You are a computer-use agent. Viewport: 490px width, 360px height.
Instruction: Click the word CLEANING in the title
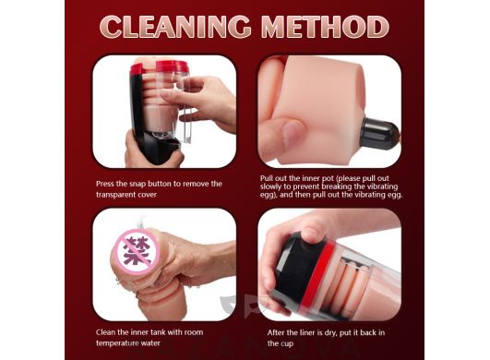click(x=175, y=26)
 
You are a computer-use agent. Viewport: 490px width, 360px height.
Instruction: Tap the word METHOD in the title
click(x=325, y=26)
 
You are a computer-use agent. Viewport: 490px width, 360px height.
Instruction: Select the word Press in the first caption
click(x=105, y=184)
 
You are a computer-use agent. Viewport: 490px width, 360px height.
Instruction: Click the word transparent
click(x=116, y=195)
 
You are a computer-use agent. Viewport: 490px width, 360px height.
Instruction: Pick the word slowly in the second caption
click(x=271, y=186)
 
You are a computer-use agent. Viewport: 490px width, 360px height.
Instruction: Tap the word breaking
click(x=334, y=186)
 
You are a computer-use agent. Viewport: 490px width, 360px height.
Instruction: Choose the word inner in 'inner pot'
click(x=312, y=178)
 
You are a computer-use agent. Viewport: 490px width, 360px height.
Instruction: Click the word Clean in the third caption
click(x=105, y=332)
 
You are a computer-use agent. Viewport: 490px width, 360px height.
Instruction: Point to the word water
click(x=152, y=343)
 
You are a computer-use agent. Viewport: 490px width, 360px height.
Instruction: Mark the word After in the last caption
click(x=276, y=333)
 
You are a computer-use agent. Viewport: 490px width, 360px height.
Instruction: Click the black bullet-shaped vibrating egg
click(x=379, y=134)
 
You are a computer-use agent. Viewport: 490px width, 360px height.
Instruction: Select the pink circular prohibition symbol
click(x=137, y=252)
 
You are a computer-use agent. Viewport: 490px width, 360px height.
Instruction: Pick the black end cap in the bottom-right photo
click(x=293, y=266)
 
